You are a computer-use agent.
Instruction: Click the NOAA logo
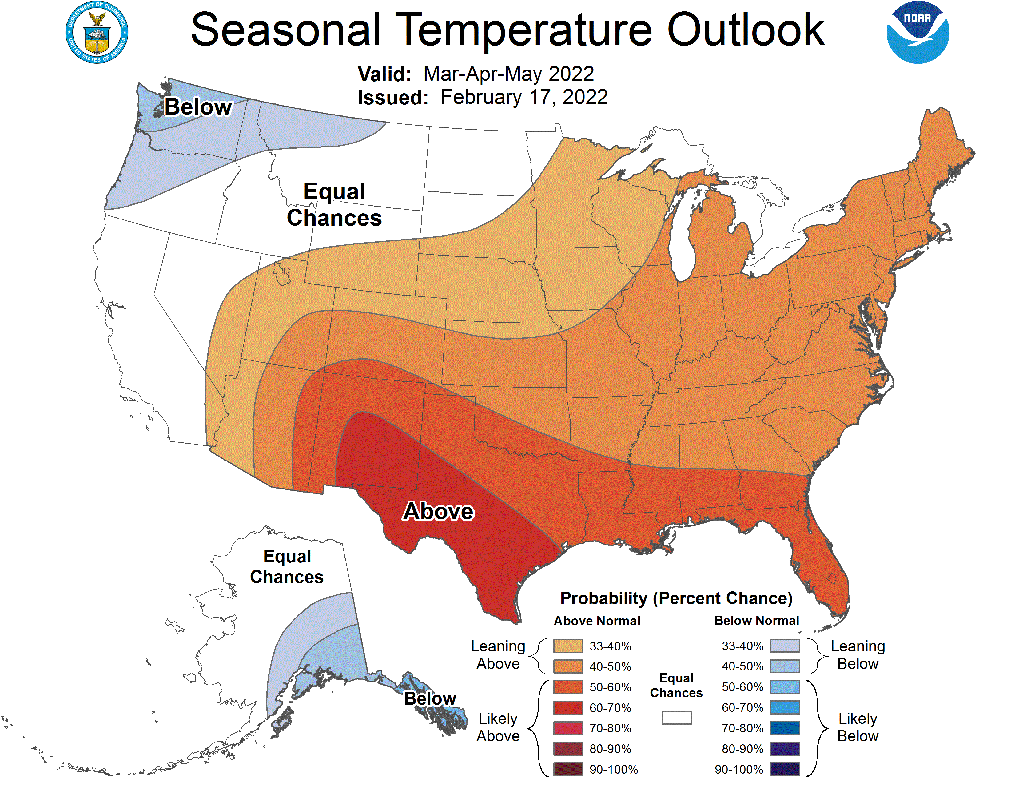pos(917,33)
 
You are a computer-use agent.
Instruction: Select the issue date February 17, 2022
pos(524,97)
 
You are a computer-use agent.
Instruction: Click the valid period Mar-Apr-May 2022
pos(508,74)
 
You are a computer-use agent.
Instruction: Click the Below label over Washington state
pos(198,107)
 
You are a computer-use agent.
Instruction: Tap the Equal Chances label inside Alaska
pos(287,566)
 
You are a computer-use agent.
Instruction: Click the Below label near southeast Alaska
pos(430,698)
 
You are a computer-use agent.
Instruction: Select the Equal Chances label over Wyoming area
pos(334,205)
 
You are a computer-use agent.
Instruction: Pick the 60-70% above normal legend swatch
pos(568,708)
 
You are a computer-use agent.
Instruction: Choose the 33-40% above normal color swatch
pos(568,646)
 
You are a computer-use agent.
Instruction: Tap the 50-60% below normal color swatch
pos(785,687)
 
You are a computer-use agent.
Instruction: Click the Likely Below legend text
pos(858,727)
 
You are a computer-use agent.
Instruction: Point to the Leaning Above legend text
pos(498,655)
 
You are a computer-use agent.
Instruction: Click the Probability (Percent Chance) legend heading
pos(676,598)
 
